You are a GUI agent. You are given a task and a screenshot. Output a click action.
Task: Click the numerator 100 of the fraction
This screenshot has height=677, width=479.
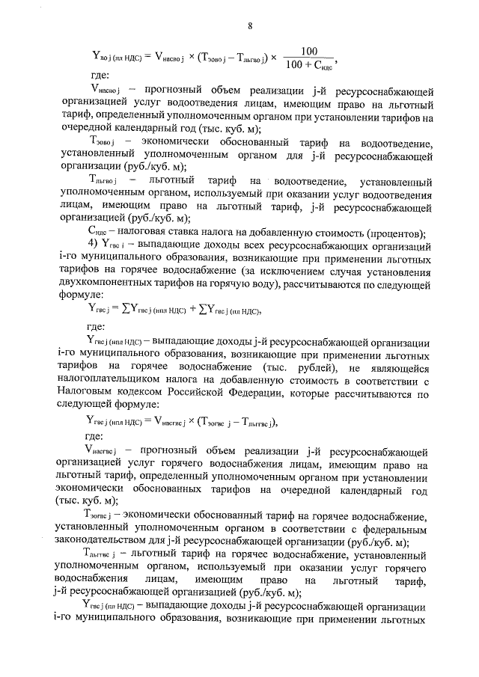point(308,51)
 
